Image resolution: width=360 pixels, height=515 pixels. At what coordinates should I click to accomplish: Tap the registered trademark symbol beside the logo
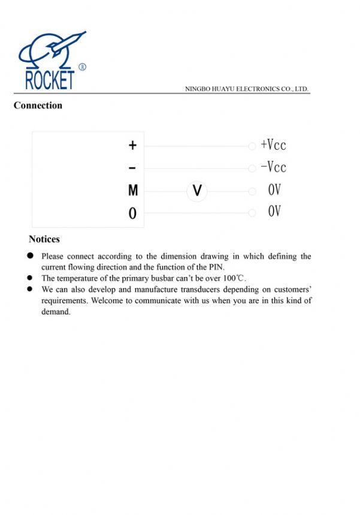point(82,67)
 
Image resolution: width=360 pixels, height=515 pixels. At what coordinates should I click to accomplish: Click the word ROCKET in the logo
point(50,80)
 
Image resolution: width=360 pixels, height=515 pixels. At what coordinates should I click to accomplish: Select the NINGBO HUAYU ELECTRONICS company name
point(247,89)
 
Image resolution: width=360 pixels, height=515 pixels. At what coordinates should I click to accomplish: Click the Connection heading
point(38,106)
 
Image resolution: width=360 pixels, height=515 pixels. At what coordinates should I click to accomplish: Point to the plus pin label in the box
point(132,146)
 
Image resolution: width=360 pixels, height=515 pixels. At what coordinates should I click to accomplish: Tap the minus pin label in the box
point(132,168)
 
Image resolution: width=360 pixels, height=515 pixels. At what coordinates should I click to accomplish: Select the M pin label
point(133,191)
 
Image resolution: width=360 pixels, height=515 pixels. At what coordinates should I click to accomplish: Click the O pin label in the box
point(132,213)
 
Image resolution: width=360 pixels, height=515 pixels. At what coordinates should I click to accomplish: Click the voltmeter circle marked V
point(196,191)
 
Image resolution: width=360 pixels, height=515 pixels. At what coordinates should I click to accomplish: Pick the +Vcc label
point(273,145)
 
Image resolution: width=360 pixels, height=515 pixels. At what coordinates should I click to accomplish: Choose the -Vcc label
point(273,167)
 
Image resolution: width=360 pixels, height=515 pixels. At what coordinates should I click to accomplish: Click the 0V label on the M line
point(274,190)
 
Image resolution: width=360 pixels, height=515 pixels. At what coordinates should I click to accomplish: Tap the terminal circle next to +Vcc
point(252,146)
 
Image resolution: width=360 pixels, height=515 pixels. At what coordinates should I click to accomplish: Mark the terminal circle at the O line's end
point(252,213)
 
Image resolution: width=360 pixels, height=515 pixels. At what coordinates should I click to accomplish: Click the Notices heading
point(44,239)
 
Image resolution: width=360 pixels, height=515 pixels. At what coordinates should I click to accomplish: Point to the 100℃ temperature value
point(234,278)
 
